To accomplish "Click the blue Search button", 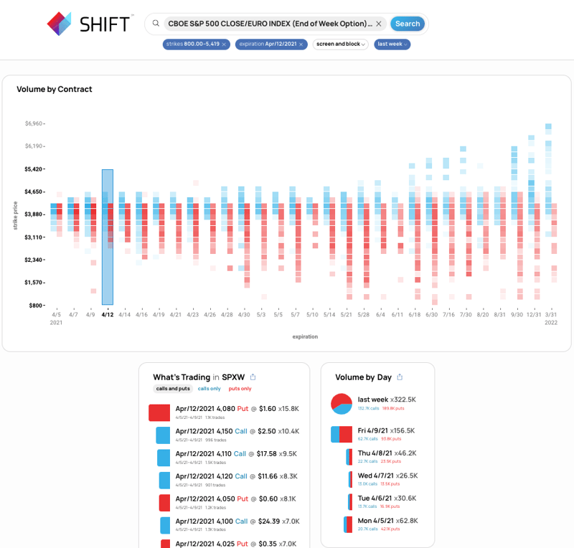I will pos(408,24).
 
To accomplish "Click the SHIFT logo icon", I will pos(59,24).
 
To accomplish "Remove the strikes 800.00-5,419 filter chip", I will pos(224,44).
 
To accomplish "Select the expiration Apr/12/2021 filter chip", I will pos(266,44).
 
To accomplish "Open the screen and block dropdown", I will pos(340,44).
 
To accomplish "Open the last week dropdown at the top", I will pos(392,44).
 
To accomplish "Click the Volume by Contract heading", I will pos(55,90).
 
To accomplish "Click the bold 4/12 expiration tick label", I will pos(108,314).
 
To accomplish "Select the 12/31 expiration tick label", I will pos(533,314).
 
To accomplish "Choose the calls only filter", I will pos(209,389).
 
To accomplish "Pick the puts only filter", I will pos(240,389).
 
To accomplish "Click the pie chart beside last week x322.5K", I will pos(341,404).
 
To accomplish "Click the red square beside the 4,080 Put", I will pos(159,412).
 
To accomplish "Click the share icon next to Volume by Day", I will pos(400,377).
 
